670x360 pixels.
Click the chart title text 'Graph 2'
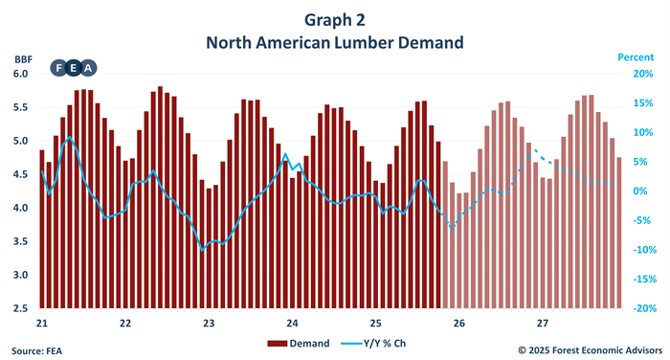click(x=334, y=19)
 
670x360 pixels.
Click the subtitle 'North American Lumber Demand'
click(x=334, y=42)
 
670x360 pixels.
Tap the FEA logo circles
click(x=74, y=68)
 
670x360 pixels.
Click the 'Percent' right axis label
click(x=635, y=58)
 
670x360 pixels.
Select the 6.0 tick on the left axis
click(x=22, y=74)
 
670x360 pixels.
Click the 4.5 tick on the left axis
click(x=22, y=175)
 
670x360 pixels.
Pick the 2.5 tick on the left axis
click(x=22, y=309)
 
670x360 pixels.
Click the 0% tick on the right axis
click(x=643, y=191)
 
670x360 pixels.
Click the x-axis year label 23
click(x=209, y=323)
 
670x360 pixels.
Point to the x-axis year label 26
click(x=459, y=323)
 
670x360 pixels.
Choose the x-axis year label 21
click(x=42, y=323)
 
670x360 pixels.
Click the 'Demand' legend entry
click(x=302, y=343)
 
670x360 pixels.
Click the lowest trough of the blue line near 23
click(x=202, y=249)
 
